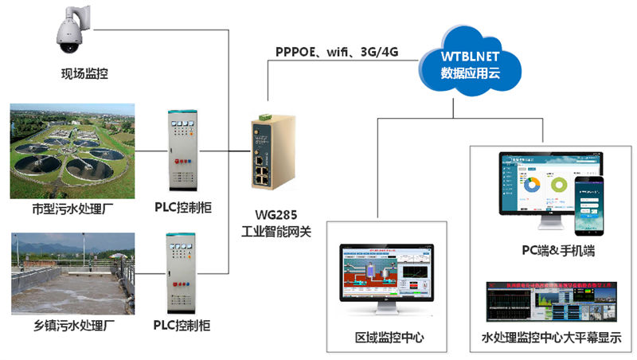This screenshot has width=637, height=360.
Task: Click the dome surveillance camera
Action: [71, 29]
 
